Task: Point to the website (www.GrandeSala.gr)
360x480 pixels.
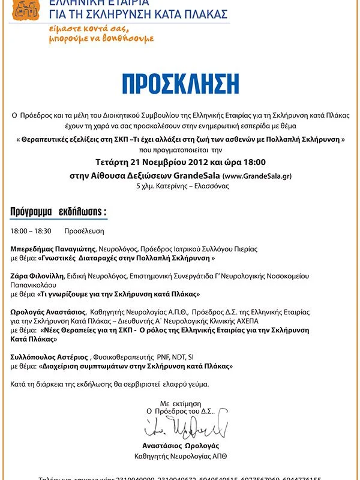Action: [257, 176]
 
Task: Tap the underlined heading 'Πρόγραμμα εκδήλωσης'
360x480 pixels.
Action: [58, 212]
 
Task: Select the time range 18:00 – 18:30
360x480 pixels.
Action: [31, 230]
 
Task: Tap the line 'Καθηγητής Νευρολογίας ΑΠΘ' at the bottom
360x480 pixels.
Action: [181, 457]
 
